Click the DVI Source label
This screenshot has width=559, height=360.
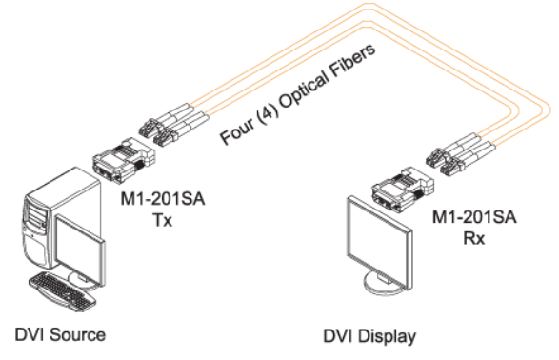(x=60, y=334)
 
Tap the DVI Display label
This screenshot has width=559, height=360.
(x=369, y=336)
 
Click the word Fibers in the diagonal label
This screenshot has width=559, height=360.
(x=352, y=61)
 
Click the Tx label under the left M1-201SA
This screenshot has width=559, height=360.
(x=163, y=220)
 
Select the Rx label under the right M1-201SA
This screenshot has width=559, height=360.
(x=474, y=238)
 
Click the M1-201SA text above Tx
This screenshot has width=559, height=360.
(x=163, y=198)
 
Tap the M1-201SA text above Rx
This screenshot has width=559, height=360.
(x=474, y=217)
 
